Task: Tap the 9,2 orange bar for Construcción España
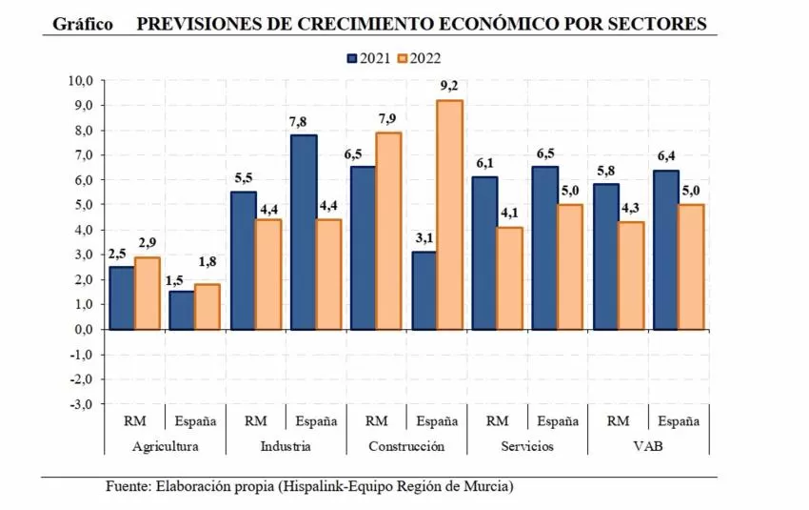448,214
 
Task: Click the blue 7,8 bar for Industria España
303,232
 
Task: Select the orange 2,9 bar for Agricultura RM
148,293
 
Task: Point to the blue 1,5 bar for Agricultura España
182,310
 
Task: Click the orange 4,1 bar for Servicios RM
509,277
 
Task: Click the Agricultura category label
166,446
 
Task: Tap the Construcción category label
406,446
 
